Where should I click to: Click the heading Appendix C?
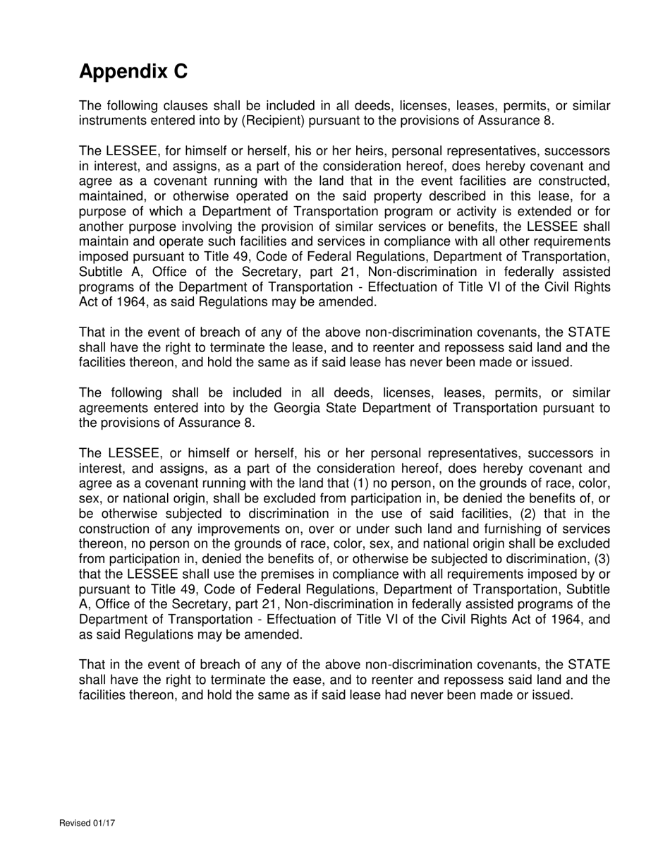133,72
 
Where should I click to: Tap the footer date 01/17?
103,823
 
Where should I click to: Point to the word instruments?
113,121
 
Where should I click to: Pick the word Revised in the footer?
73,823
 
